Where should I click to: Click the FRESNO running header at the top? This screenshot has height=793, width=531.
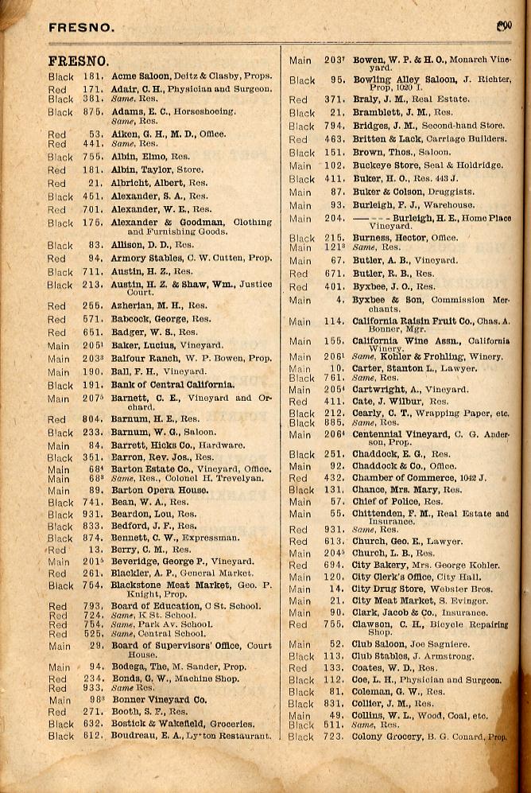click(x=81, y=27)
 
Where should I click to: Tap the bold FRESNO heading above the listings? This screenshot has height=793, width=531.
click(x=78, y=61)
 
